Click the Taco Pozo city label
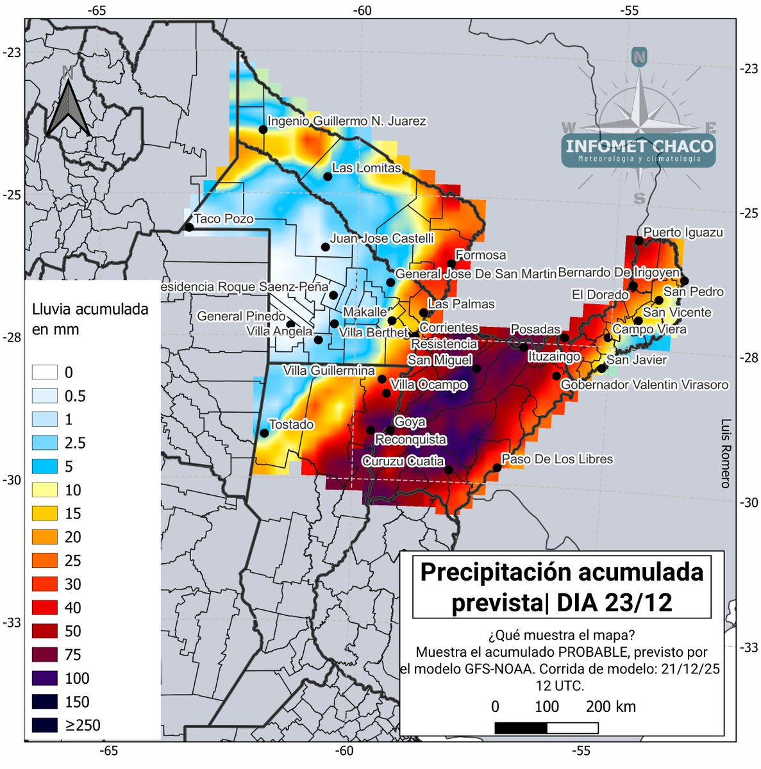(x=224, y=219)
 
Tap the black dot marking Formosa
(x=451, y=264)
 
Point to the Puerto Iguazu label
(x=683, y=232)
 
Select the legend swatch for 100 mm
(x=45, y=678)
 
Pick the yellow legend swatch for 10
(x=45, y=490)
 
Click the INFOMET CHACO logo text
(x=639, y=146)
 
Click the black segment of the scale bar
(x=521, y=728)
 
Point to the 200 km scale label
(x=610, y=707)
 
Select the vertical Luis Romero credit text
(x=725, y=454)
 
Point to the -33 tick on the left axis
(x=12, y=623)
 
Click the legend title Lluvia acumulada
(x=90, y=309)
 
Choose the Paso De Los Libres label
(x=556, y=459)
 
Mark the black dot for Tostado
(x=264, y=433)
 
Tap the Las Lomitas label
(x=366, y=168)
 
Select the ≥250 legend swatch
(x=45, y=725)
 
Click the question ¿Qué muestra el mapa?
(x=561, y=635)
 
